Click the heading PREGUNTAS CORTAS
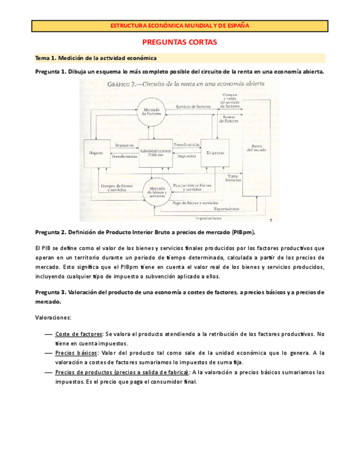[180, 42]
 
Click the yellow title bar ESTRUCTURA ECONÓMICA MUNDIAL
[180, 26]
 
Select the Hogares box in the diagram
[96, 152]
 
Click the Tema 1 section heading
[96, 58]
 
